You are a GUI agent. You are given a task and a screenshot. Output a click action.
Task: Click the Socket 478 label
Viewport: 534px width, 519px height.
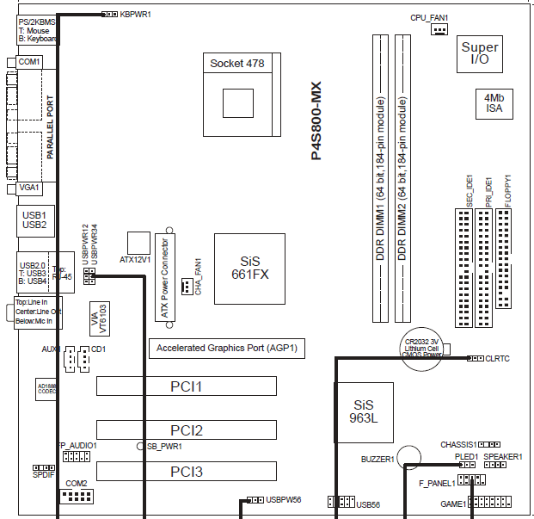(x=236, y=63)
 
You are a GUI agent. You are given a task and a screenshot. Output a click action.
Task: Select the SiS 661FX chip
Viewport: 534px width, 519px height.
(x=243, y=268)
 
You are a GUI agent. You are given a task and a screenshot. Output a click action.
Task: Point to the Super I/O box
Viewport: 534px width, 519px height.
(x=479, y=54)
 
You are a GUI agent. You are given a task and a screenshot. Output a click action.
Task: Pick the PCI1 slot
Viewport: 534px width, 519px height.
(x=186, y=387)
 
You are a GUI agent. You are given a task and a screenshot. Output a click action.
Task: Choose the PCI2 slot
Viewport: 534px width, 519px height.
(x=186, y=429)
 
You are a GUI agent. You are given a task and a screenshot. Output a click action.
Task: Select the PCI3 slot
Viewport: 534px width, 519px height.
(x=186, y=471)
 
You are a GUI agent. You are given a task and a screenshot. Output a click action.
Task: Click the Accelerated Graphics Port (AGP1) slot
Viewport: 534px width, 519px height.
(x=228, y=348)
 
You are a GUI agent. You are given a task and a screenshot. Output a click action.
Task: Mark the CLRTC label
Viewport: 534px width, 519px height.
(x=497, y=357)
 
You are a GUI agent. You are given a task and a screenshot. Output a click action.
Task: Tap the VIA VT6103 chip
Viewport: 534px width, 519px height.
(x=98, y=318)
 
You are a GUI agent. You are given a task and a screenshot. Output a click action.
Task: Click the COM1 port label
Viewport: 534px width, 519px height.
(x=29, y=62)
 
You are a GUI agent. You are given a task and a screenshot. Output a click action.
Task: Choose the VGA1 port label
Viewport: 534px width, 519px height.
(x=29, y=187)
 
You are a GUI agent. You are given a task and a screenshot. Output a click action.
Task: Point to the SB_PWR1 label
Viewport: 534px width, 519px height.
(x=165, y=446)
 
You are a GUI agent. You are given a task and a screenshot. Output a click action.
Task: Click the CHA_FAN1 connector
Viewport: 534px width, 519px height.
(x=187, y=287)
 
